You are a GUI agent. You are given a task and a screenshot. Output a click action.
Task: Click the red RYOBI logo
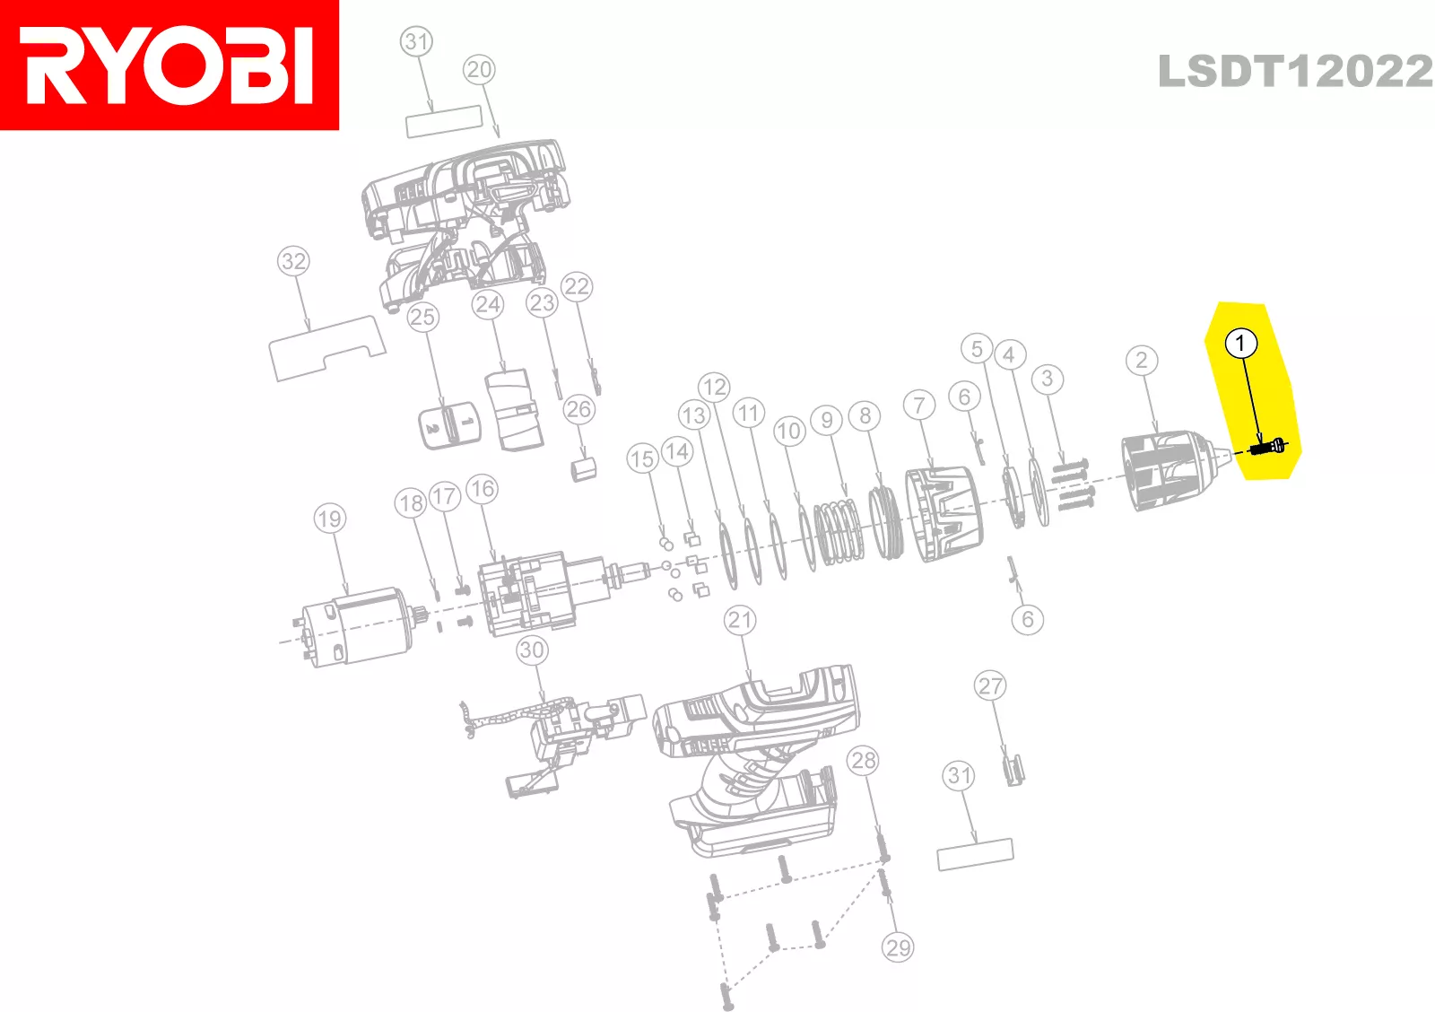[170, 65]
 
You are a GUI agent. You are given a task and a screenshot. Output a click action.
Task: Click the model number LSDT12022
[1295, 72]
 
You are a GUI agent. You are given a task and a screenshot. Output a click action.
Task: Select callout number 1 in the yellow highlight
[1240, 344]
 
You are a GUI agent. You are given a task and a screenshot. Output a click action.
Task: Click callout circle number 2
[1141, 361]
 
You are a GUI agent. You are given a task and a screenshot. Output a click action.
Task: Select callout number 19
[330, 519]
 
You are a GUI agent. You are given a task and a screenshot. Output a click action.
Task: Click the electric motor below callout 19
[354, 626]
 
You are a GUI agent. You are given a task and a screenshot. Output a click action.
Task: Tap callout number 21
[740, 620]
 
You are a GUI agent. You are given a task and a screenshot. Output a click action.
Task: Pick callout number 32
[293, 262]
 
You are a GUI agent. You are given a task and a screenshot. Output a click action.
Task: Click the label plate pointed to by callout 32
[326, 348]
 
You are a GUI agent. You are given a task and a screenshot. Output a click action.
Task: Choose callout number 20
[479, 70]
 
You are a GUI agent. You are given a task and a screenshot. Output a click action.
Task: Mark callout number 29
[898, 947]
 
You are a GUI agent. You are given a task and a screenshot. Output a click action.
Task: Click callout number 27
[990, 686]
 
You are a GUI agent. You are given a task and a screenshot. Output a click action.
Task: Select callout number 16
[482, 489]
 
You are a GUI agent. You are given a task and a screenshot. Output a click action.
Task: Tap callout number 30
[532, 650]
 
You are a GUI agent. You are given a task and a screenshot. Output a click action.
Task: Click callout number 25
[422, 317]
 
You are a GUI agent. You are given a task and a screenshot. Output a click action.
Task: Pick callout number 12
[714, 388]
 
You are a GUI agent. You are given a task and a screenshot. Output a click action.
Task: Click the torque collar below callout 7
[942, 516]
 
